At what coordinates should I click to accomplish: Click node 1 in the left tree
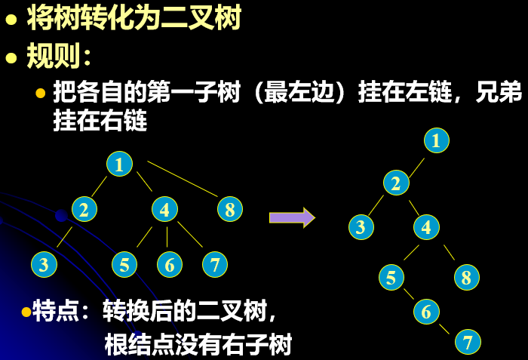point(119,164)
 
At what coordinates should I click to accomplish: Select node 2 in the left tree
point(84,209)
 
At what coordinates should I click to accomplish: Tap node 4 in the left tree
point(164,209)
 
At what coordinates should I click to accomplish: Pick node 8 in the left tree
point(230,209)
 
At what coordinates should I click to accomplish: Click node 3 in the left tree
point(44,264)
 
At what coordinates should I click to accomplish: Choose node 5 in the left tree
point(124,264)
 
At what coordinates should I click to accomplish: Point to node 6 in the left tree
point(170,264)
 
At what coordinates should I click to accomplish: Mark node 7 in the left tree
point(215,264)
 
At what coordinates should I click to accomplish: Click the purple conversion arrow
point(291,217)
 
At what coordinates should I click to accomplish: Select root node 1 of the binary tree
point(436,140)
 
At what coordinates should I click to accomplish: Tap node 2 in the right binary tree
point(395,183)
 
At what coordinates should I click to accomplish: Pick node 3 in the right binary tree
point(361,226)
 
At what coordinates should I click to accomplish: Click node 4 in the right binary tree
point(426,226)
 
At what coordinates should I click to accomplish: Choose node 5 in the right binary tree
point(390,277)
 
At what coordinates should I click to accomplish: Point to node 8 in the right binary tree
point(466,277)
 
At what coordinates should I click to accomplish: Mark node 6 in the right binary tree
point(426,310)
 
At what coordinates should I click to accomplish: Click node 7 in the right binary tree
point(468,342)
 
